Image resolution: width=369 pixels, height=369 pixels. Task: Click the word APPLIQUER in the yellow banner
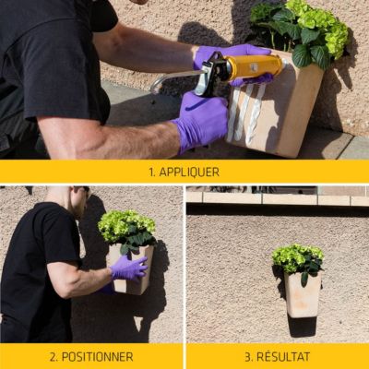(189, 172)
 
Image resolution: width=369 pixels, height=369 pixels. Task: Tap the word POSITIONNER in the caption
(98, 357)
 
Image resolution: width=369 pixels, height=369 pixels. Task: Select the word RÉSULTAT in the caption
(283, 357)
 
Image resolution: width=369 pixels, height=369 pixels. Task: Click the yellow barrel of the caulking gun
(255, 66)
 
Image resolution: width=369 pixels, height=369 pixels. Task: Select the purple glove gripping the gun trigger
(202, 122)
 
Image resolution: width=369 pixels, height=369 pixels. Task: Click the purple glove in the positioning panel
(129, 268)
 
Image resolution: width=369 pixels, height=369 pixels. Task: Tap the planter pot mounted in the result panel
(303, 295)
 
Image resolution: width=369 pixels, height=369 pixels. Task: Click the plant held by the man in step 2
(127, 229)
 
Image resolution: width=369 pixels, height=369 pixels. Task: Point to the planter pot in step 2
(132, 269)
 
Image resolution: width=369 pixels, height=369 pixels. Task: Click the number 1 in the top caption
(151, 173)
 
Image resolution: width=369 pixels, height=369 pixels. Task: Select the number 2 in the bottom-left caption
(53, 357)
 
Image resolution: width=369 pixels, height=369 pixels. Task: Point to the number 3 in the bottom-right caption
(248, 357)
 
